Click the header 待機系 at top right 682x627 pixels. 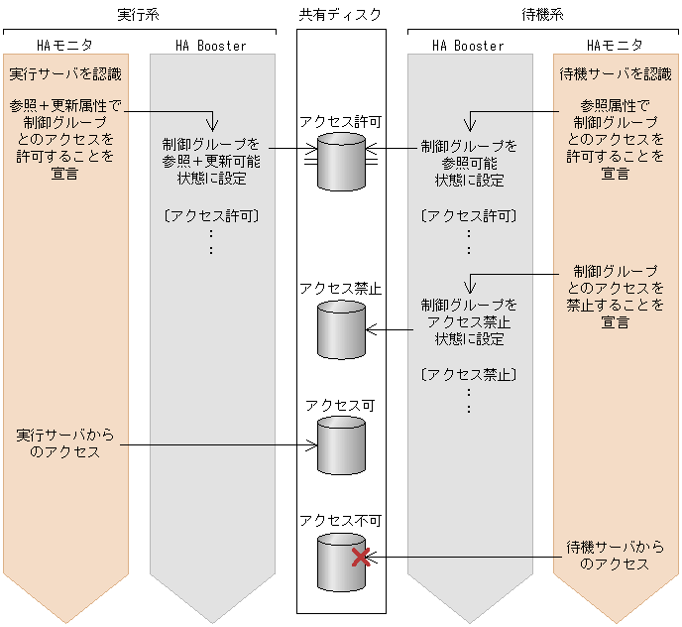pyautogui.click(x=543, y=14)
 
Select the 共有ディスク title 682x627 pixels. pyautogui.click(x=340, y=14)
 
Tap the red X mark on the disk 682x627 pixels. pyautogui.click(x=362, y=557)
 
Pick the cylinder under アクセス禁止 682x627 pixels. pyautogui.click(x=341, y=329)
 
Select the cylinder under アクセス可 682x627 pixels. pyautogui.click(x=341, y=445)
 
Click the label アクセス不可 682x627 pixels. pyautogui.click(x=340, y=520)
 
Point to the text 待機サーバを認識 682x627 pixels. pyautogui.click(x=615, y=74)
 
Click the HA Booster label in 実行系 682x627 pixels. pyautogui.click(x=210, y=46)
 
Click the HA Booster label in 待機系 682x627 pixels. pyautogui.click(x=469, y=46)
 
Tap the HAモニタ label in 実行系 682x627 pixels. pyautogui.click(x=64, y=46)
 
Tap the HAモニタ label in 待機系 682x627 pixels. pyautogui.click(x=615, y=46)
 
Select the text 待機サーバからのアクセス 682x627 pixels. pyautogui.click(x=615, y=556)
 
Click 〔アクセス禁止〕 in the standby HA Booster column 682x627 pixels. pyautogui.click(x=469, y=374)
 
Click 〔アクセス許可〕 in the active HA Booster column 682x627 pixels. pyautogui.click(x=210, y=214)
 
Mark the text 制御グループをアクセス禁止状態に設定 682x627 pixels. pyautogui.click(x=469, y=321)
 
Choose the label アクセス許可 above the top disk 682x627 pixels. pyautogui.click(x=340, y=121)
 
